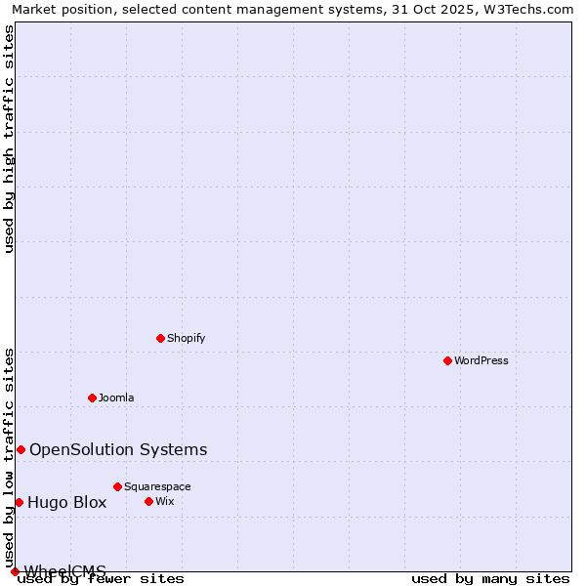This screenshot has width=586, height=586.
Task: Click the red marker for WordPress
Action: (448, 360)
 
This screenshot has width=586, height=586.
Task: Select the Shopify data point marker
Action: (161, 338)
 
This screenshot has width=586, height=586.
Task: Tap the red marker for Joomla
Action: (93, 398)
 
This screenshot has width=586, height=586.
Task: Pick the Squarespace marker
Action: (118, 486)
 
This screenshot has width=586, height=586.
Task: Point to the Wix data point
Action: (149, 501)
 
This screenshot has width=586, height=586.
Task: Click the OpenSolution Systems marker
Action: (21, 449)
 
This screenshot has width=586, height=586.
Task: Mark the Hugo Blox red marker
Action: (19, 502)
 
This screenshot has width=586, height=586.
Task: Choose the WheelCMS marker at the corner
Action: (15, 571)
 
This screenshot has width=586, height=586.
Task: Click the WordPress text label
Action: (481, 360)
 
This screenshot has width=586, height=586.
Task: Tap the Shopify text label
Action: (187, 338)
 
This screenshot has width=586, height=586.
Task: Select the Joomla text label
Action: (116, 398)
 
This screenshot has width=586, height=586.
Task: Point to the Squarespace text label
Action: (157, 486)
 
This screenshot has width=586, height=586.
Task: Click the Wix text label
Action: (165, 501)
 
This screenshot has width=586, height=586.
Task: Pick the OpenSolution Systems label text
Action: (118, 449)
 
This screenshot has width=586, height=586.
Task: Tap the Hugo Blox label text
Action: (66, 503)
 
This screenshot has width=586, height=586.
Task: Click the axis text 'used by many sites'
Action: (490, 579)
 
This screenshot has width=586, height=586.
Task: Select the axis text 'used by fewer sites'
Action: (102, 579)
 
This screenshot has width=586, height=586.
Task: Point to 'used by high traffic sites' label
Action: (10, 139)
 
